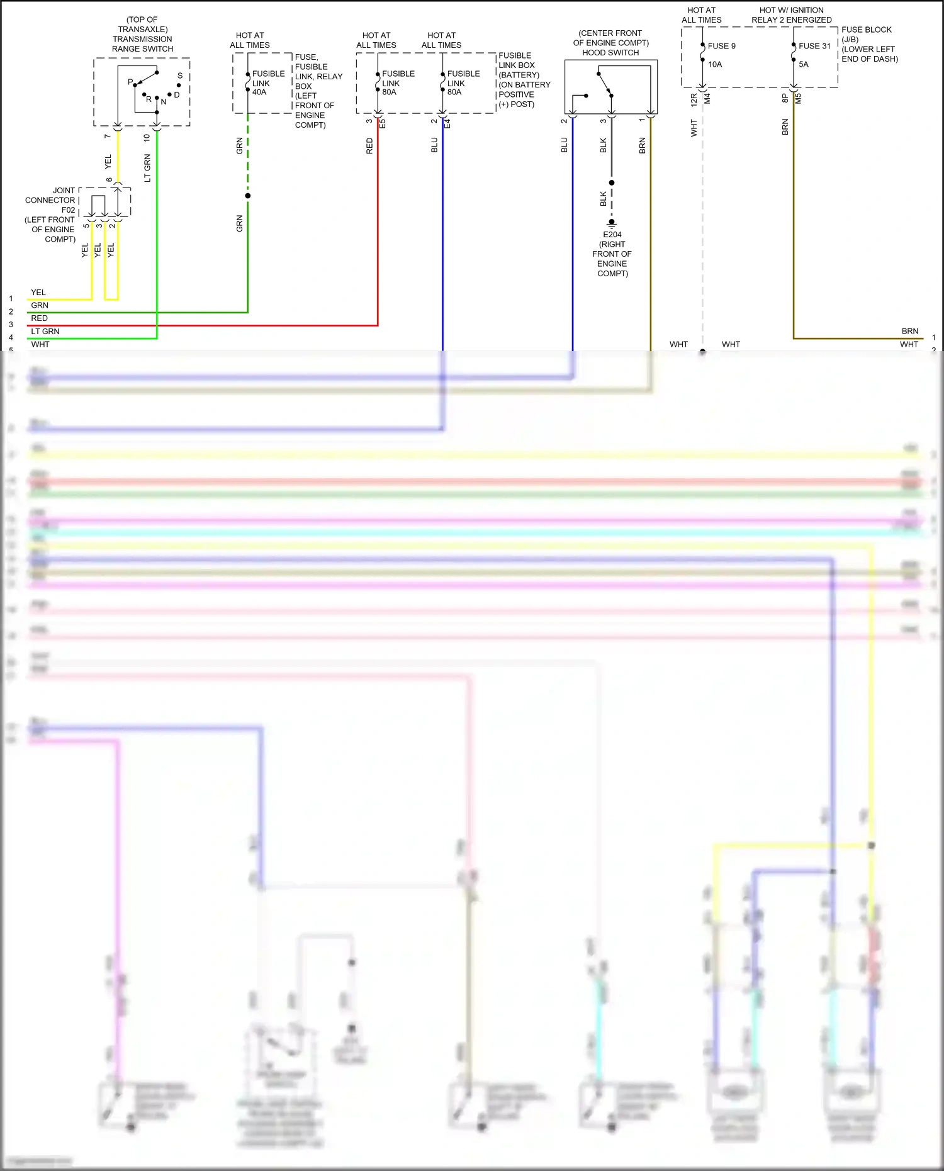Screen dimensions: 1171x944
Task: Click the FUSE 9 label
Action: (721, 46)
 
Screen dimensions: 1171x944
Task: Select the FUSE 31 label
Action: (814, 46)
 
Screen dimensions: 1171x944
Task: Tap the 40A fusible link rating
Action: (259, 92)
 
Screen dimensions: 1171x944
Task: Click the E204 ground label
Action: (612, 234)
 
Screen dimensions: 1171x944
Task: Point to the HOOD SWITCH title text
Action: (610, 53)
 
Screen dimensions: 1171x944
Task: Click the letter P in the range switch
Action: (130, 82)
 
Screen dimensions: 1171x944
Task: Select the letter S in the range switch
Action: (180, 76)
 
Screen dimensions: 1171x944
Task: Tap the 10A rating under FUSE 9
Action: (715, 64)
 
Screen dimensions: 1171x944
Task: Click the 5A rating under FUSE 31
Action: (804, 64)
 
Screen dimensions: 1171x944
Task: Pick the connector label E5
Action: (383, 124)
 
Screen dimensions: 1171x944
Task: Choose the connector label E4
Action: (447, 124)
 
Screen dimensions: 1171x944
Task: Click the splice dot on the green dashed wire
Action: (248, 196)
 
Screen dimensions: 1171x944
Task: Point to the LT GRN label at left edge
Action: (45, 331)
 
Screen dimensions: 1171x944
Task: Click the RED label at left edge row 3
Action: (39, 318)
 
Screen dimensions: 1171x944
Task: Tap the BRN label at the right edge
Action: (909, 331)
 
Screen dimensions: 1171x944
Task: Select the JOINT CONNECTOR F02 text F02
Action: (68, 210)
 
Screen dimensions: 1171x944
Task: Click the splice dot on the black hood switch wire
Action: (612, 182)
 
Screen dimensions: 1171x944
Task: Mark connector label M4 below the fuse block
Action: (707, 99)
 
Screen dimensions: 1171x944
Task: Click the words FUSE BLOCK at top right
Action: (866, 30)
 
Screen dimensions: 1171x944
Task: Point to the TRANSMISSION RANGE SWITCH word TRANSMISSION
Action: (142, 39)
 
